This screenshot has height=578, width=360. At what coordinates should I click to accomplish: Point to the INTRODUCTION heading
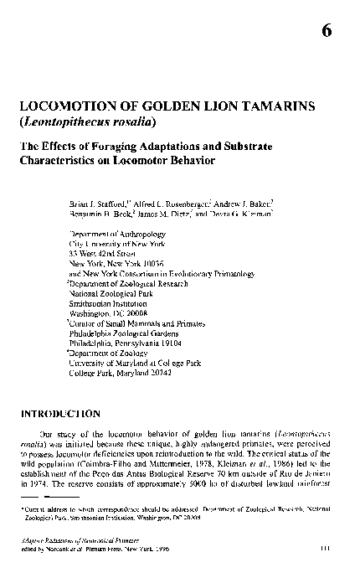pyautogui.click(x=59, y=413)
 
